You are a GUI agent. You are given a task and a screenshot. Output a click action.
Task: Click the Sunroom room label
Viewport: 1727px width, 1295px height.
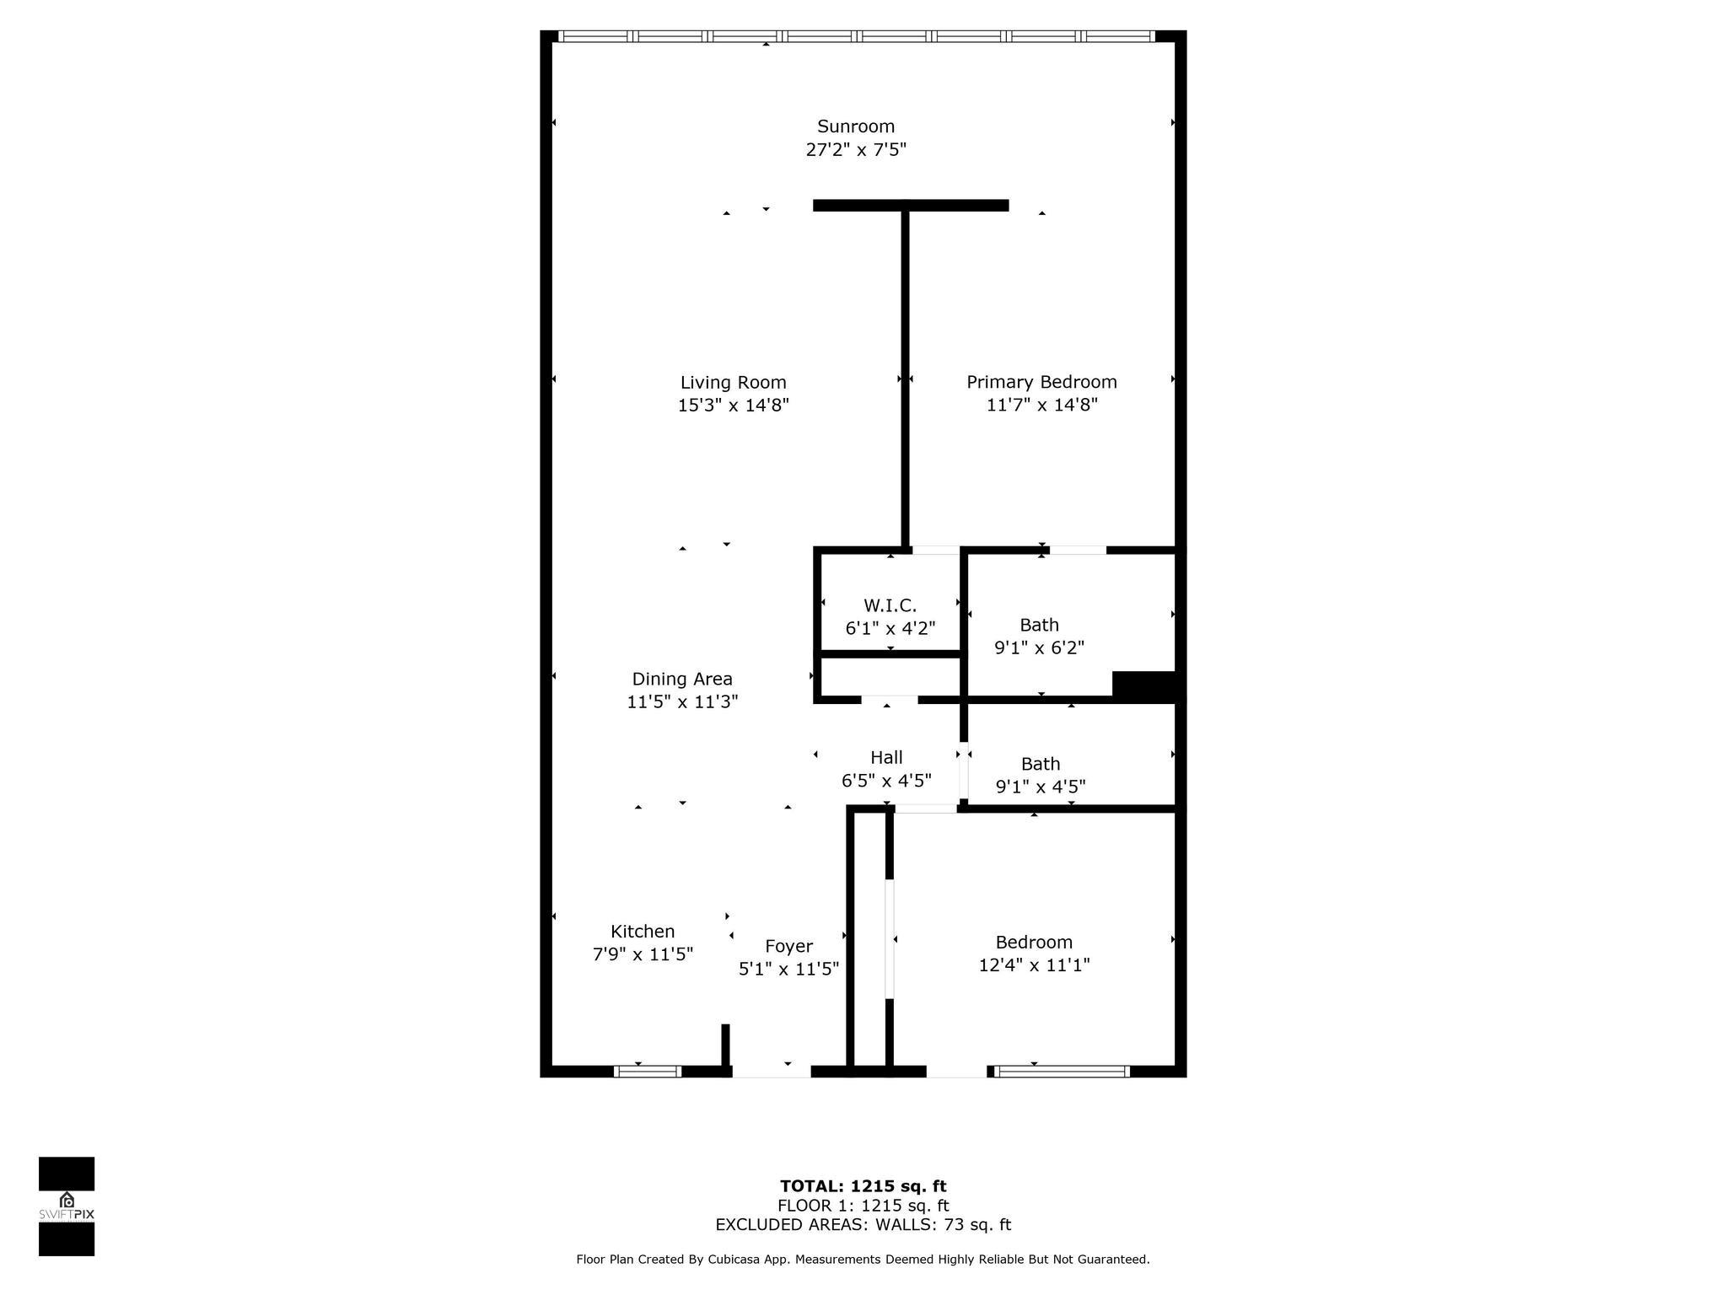[855, 126]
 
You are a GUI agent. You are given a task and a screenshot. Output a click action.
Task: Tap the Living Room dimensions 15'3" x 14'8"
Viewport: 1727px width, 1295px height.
[733, 406]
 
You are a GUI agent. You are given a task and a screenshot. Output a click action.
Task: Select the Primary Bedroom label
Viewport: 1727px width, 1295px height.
[1041, 382]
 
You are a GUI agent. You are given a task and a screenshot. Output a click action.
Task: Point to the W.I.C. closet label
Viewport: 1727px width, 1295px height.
[890, 605]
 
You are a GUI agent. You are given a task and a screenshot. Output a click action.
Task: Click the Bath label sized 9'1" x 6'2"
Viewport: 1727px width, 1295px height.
[1039, 625]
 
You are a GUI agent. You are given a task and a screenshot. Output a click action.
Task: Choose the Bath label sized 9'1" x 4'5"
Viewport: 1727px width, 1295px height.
[1040, 764]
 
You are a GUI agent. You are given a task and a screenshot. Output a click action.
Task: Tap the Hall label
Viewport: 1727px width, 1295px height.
[886, 757]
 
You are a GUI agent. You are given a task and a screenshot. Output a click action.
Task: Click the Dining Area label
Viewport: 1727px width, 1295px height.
[682, 679]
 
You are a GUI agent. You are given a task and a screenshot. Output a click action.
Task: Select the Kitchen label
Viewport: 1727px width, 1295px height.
[643, 931]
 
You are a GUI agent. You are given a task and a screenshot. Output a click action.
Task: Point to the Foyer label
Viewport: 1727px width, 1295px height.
[788, 946]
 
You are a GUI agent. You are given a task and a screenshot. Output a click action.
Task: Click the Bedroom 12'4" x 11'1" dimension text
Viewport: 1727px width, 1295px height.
[1034, 965]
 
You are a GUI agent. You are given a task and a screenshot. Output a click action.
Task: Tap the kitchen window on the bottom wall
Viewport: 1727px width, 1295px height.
[647, 1072]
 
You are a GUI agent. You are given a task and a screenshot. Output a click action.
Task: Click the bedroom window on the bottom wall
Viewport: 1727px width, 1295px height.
[1061, 1072]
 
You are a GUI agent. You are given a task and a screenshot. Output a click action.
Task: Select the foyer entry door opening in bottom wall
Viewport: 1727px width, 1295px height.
[771, 1072]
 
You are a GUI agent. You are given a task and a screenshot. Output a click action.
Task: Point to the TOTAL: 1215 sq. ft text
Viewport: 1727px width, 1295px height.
[863, 1186]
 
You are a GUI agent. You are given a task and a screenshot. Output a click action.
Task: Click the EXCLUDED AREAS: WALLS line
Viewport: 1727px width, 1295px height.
[863, 1225]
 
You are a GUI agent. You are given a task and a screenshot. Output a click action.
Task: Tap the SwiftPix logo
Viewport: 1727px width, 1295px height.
[67, 1206]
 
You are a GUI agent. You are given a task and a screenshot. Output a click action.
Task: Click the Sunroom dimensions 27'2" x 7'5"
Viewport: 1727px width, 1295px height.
[855, 150]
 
